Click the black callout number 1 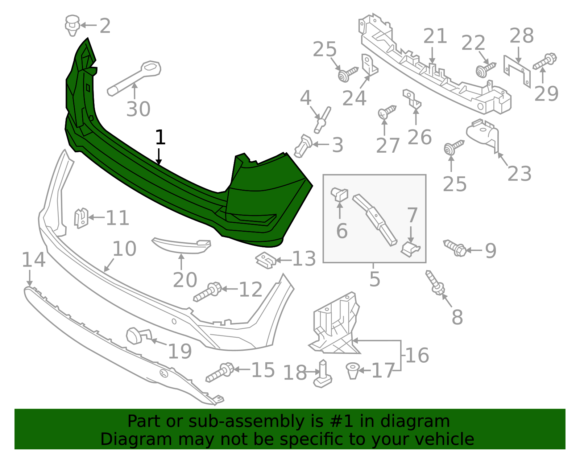[160, 138]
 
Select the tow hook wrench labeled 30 [134, 78]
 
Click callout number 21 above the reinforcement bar [435, 36]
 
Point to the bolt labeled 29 [545, 62]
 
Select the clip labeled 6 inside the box [340, 194]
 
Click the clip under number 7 [410, 249]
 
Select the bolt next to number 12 [208, 292]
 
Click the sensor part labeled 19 [136, 336]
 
